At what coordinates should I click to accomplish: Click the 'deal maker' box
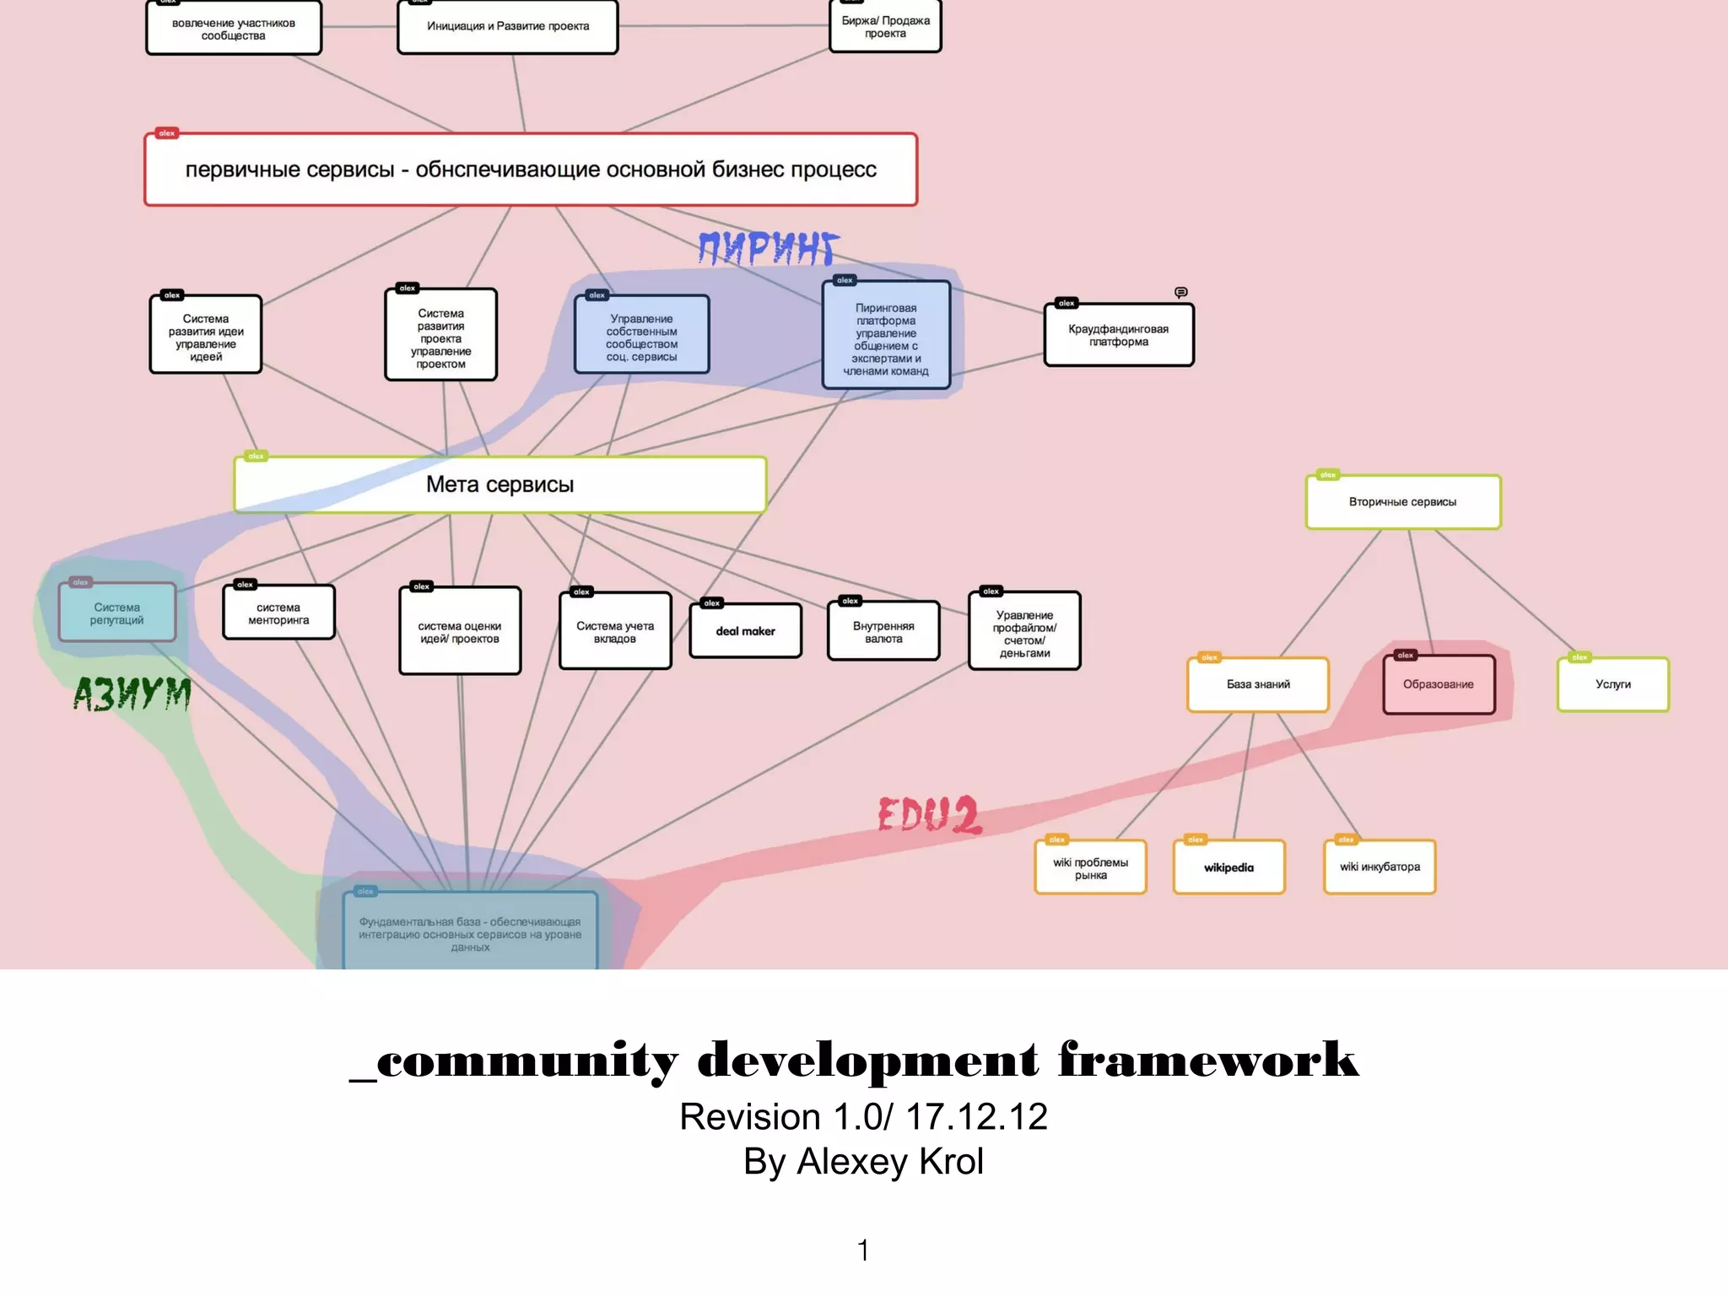pyautogui.click(x=745, y=631)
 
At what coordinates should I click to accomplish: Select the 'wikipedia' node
pyautogui.click(x=1228, y=867)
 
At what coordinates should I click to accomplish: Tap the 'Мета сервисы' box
pyautogui.click(x=499, y=484)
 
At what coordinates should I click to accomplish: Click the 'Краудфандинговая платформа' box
pyautogui.click(x=1118, y=335)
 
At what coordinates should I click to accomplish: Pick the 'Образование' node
pyautogui.click(x=1438, y=684)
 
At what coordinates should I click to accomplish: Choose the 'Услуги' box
pyautogui.click(x=1612, y=684)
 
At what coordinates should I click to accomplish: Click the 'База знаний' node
pyautogui.click(x=1257, y=684)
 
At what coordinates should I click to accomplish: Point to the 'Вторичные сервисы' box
pyautogui.click(x=1402, y=502)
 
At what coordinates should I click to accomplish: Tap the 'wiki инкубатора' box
pyautogui.click(x=1380, y=867)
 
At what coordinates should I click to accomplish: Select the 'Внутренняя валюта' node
pyautogui.click(x=883, y=632)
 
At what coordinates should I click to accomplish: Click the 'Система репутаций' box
pyautogui.click(x=117, y=613)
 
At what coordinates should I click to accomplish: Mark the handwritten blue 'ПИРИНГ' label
pyautogui.click(x=768, y=249)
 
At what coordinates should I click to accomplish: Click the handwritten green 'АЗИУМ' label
pyautogui.click(x=132, y=694)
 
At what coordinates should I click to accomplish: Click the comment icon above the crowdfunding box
pyautogui.click(x=1181, y=292)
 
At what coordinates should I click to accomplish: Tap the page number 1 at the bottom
pyautogui.click(x=863, y=1250)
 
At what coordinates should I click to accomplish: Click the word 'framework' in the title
pyautogui.click(x=1208, y=1061)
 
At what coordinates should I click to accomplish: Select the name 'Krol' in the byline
pyautogui.click(x=951, y=1162)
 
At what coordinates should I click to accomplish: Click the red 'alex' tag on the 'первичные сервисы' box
pyautogui.click(x=167, y=133)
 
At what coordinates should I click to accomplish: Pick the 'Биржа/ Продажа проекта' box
pyautogui.click(x=885, y=27)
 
